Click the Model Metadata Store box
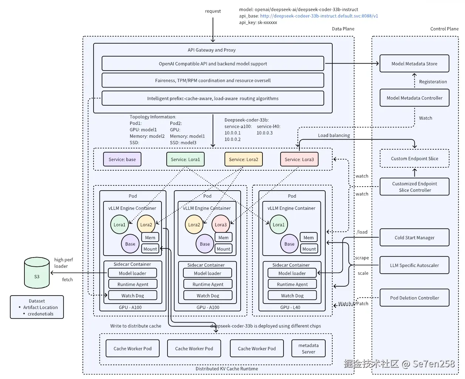414,64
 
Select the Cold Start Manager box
414,237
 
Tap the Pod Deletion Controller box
414,297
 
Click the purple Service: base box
122,159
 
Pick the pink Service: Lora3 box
299,159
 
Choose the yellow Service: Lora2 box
244,159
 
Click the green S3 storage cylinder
37,273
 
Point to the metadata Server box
308,348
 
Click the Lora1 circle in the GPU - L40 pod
278,224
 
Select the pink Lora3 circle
220,224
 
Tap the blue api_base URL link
319,16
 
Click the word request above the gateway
213,11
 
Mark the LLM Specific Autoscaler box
414,265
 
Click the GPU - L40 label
290,307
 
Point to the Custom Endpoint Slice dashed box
414,158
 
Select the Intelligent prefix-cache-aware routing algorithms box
213,98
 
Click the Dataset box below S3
37,307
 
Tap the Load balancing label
334,135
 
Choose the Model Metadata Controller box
414,98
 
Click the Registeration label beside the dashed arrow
433,82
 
